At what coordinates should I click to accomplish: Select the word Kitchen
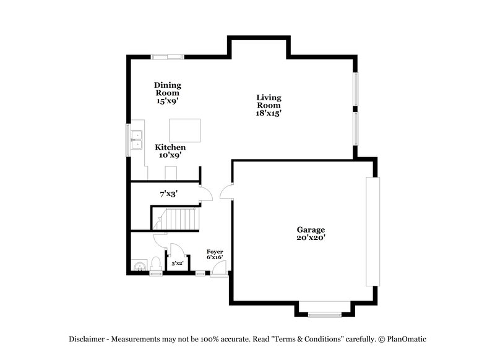pyautogui.click(x=170, y=147)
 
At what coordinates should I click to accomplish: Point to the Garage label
pyautogui.click(x=310, y=229)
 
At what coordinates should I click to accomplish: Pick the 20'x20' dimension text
pyautogui.click(x=310, y=238)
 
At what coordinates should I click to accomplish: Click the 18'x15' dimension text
pyautogui.click(x=269, y=114)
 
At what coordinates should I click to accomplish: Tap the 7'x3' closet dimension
pyautogui.click(x=169, y=194)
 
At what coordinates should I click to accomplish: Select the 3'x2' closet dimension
pyautogui.click(x=178, y=264)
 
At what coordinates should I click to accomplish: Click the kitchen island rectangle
pyautogui.click(x=185, y=131)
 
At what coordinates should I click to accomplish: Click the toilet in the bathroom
pyautogui.click(x=155, y=264)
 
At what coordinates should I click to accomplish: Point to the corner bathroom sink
pyautogui.click(x=139, y=267)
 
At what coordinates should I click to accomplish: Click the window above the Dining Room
pyautogui.click(x=168, y=58)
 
